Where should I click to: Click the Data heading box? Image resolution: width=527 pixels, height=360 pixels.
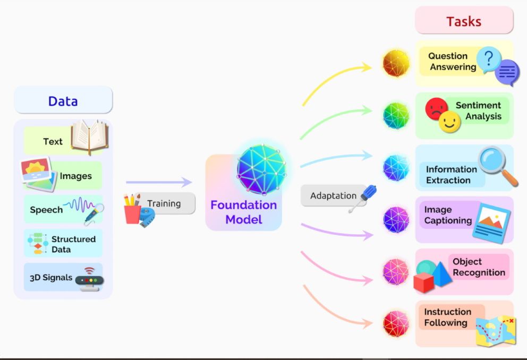coord(63,101)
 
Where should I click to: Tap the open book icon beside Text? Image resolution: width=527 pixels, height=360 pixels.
coord(89,136)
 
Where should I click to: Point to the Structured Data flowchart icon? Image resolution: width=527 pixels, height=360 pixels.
coord(38,244)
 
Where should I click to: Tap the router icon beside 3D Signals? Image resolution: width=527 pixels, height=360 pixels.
coord(89,279)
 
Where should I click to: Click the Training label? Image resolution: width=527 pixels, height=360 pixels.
coord(164,203)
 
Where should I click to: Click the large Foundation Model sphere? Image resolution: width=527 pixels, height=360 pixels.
coord(261,169)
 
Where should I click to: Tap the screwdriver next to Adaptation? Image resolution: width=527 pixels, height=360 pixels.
coord(363,199)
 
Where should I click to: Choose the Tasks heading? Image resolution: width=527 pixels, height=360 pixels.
coord(464,21)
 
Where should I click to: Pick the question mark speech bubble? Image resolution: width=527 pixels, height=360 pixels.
coord(488,59)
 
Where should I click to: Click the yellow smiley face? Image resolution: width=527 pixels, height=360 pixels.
coord(450,122)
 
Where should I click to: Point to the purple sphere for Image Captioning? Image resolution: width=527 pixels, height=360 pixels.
coord(396,220)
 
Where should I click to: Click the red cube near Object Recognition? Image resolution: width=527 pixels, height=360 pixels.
coord(423,282)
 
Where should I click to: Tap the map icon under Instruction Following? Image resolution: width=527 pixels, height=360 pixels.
coord(495,330)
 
